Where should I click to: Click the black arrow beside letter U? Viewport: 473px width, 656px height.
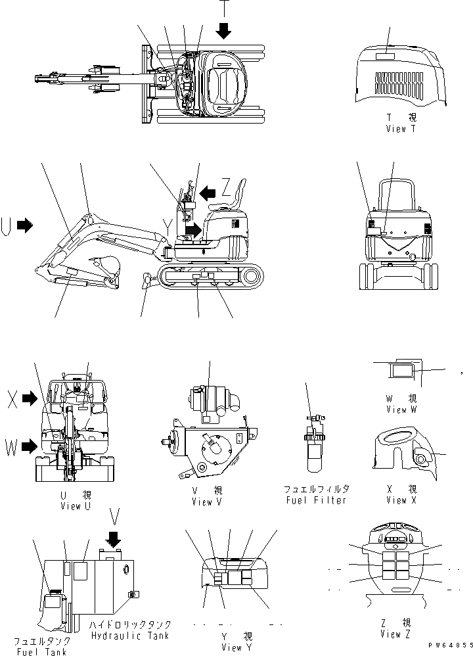pyautogui.click(x=24, y=225)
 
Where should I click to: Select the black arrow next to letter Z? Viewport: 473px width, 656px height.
pyautogui.click(x=208, y=192)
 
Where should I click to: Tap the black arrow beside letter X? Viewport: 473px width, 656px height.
pyautogui.click(x=30, y=398)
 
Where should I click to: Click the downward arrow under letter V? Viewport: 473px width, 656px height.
pyautogui.click(x=114, y=539)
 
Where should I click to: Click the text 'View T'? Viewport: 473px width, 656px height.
pyautogui.click(x=401, y=129)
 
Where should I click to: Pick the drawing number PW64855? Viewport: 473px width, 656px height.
pyautogui.click(x=448, y=647)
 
